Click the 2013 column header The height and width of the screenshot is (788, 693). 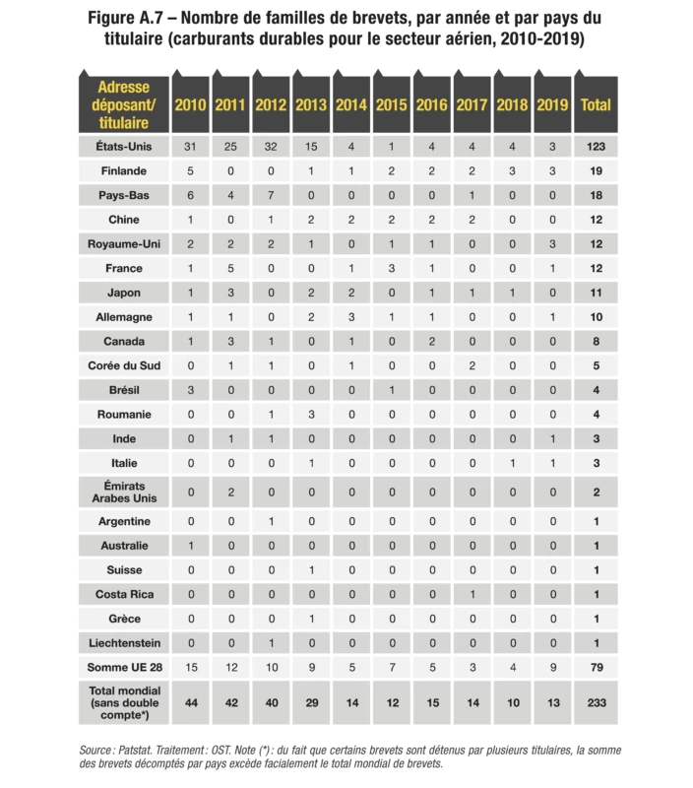[311, 104]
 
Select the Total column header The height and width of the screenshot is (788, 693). [596, 104]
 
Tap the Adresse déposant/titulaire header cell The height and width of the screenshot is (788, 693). [124, 104]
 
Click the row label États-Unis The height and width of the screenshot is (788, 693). [124, 147]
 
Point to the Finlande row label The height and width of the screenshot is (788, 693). [124, 171]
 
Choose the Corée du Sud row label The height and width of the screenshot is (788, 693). [124, 365]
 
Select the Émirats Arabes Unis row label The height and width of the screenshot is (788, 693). [124, 491]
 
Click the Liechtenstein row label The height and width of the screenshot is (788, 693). [124, 643]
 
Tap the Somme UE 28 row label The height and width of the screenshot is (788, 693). [124, 668]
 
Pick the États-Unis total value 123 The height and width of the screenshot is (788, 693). [596, 147]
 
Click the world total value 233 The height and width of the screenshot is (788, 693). [596, 703]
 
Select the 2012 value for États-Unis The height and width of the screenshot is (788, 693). [271, 147]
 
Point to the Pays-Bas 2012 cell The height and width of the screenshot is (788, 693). [271, 195]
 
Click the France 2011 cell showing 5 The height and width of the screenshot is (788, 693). [230, 268]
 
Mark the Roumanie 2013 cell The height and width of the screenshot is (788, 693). [311, 415]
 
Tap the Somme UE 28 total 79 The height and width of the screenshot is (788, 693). [596, 668]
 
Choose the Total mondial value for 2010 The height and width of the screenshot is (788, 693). [191, 703]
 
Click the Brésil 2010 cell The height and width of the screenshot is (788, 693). [191, 390]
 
